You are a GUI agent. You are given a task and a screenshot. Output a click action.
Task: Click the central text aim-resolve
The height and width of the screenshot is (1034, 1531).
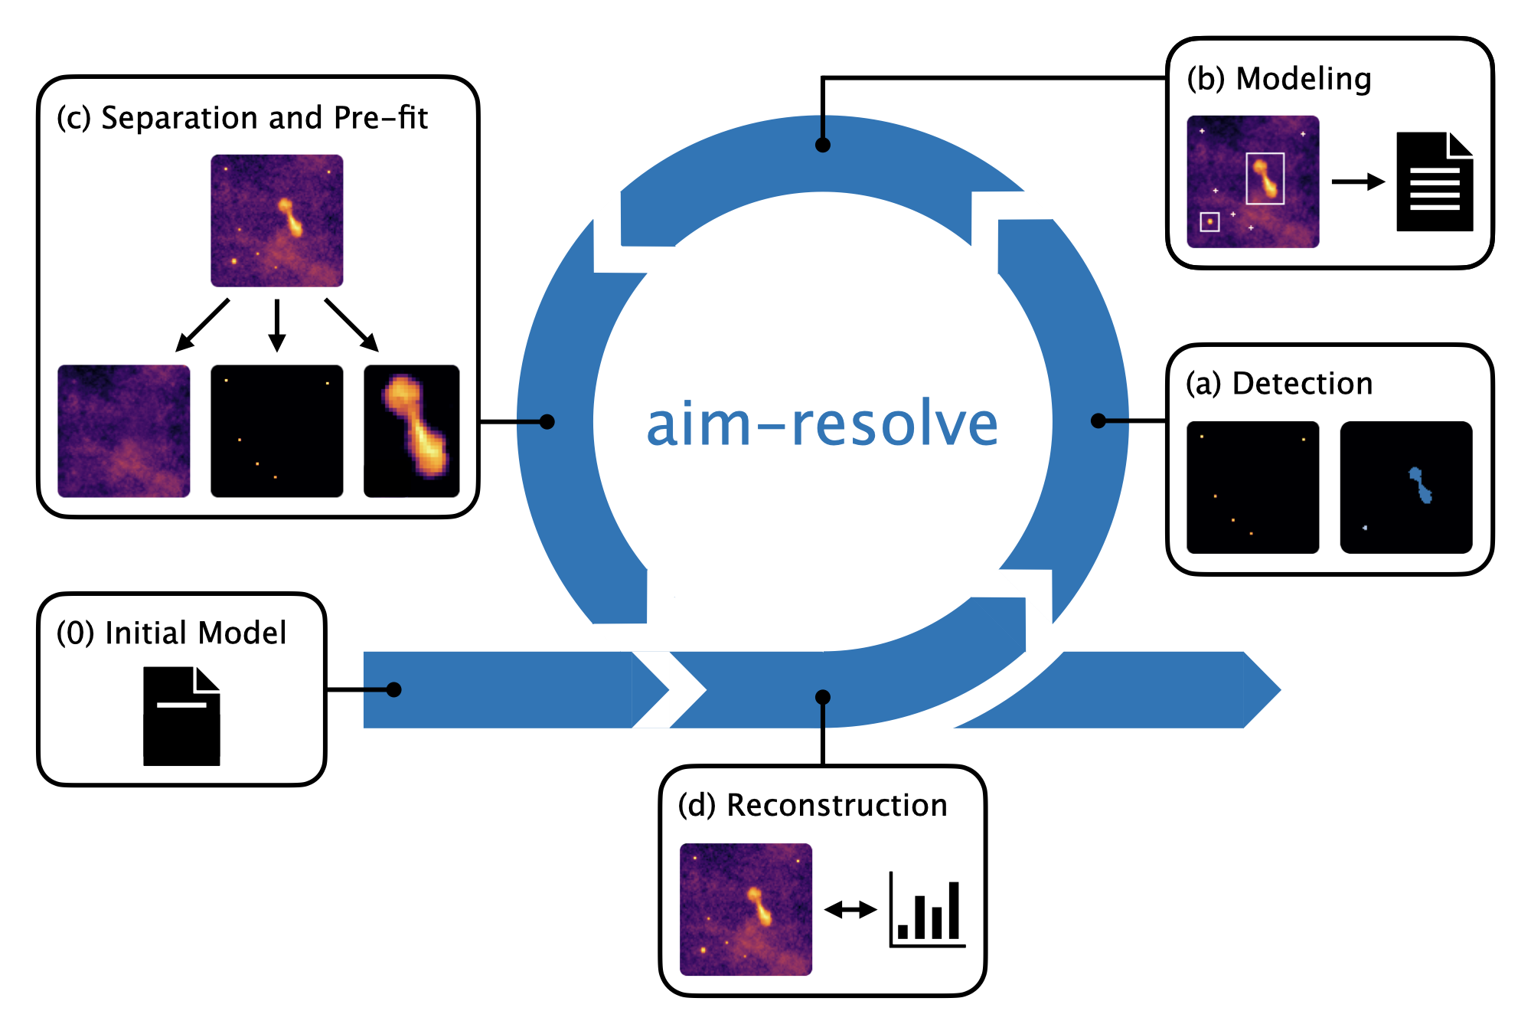[x=822, y=424]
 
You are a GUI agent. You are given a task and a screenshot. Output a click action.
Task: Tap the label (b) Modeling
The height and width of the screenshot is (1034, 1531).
[x=1278, y=79]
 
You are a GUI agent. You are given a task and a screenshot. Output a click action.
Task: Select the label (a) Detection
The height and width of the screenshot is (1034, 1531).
[x=1278, y=384]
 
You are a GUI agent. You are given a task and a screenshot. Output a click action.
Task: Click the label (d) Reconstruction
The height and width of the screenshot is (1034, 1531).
[x=812, y=806]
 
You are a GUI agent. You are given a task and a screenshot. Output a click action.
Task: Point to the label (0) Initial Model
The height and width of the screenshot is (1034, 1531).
[x=171, y=633]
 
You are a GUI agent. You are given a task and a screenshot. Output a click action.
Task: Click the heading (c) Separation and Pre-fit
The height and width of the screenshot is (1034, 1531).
[x=242, y=118]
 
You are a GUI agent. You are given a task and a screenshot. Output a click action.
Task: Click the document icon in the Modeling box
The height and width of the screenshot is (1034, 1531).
[x=1434, y=182]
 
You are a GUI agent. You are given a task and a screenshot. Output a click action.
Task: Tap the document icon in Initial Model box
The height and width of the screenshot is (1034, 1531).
[x=181, y=716]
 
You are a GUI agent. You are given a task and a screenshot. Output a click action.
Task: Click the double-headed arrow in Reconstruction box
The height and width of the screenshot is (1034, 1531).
[x=850, y=910]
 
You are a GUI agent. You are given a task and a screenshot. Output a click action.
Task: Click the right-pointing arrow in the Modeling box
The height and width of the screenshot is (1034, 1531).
[x=1358, y=182]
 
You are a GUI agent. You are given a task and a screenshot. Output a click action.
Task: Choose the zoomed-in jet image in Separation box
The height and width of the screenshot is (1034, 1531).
[x=412, y=431]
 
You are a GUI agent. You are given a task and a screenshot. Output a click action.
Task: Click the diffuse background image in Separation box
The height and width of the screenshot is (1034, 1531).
[x=124, y=431]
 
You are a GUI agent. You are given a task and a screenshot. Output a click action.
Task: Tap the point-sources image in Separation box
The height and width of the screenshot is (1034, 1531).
[x=277, y=431]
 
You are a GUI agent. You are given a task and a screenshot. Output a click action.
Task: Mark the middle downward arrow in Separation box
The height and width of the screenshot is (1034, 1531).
[x=277, y=326]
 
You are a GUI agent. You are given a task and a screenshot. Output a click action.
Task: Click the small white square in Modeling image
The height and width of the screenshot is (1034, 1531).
[x=1209, y=222]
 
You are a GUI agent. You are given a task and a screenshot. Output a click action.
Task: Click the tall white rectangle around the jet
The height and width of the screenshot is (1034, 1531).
[x=1265, y=178]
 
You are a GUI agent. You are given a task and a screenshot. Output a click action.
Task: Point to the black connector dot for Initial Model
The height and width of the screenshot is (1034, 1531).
[x=394, y=690]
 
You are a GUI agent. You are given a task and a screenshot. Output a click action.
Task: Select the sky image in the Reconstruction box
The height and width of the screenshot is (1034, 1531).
[x=746, y=909]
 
